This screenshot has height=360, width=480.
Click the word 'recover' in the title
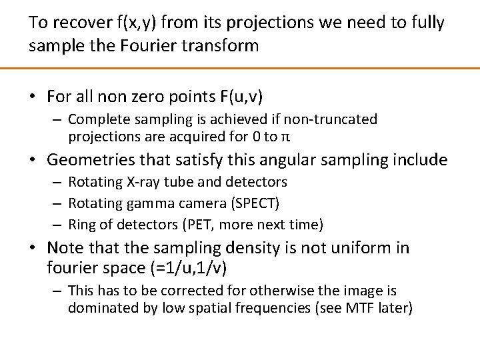click(76, 23)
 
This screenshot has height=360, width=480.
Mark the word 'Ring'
click(83, 224)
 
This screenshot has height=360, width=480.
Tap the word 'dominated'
click(97, 309)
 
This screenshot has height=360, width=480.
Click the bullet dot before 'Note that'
click(33, 248)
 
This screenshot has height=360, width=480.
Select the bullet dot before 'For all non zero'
click(33, 97)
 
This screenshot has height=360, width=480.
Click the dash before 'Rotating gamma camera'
click(59, 203)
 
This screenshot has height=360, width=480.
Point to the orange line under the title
click(240, 68)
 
